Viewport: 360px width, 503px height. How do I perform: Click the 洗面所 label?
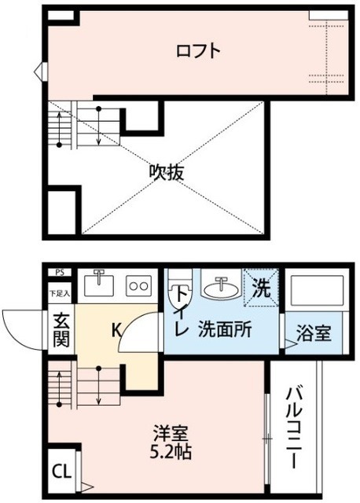click(x=225, y=329)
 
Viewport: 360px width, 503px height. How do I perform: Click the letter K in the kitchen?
click(x=116, y=330)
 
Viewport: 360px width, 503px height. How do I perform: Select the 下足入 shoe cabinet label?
click(x=60, y=293)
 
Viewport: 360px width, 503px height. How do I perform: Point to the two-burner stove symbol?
click(x=138, y=285)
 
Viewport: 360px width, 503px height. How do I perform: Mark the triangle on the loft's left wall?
click(x=37, y=75)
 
